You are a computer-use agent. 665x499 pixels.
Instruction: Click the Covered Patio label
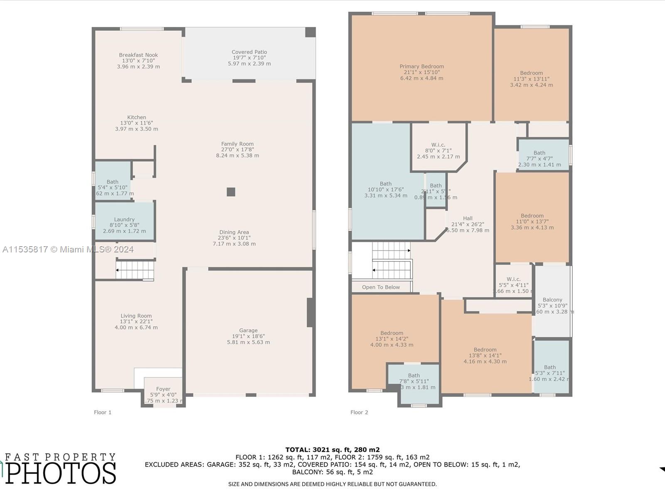coord(249,52)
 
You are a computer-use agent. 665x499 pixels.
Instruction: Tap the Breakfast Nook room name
coord(138,55)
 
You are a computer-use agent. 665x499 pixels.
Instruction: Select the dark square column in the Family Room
coord(231,192)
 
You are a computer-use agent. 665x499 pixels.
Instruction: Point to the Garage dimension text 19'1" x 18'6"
coord(248,336)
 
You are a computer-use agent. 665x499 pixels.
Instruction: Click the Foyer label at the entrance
coord(163,389)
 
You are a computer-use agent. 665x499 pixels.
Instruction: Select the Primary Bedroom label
coord(421,67)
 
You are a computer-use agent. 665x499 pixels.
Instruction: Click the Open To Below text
coord(381,287)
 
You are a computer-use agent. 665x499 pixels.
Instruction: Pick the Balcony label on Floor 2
coord(552,300)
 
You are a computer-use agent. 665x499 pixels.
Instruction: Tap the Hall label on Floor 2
coord(468,218)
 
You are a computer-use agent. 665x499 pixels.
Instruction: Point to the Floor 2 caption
coord(359,413)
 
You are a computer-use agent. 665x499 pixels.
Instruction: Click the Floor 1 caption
coord(103,413)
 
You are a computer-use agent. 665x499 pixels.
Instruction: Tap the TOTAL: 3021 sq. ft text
coord(332,450)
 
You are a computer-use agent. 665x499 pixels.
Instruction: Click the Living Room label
coord(136,316)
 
